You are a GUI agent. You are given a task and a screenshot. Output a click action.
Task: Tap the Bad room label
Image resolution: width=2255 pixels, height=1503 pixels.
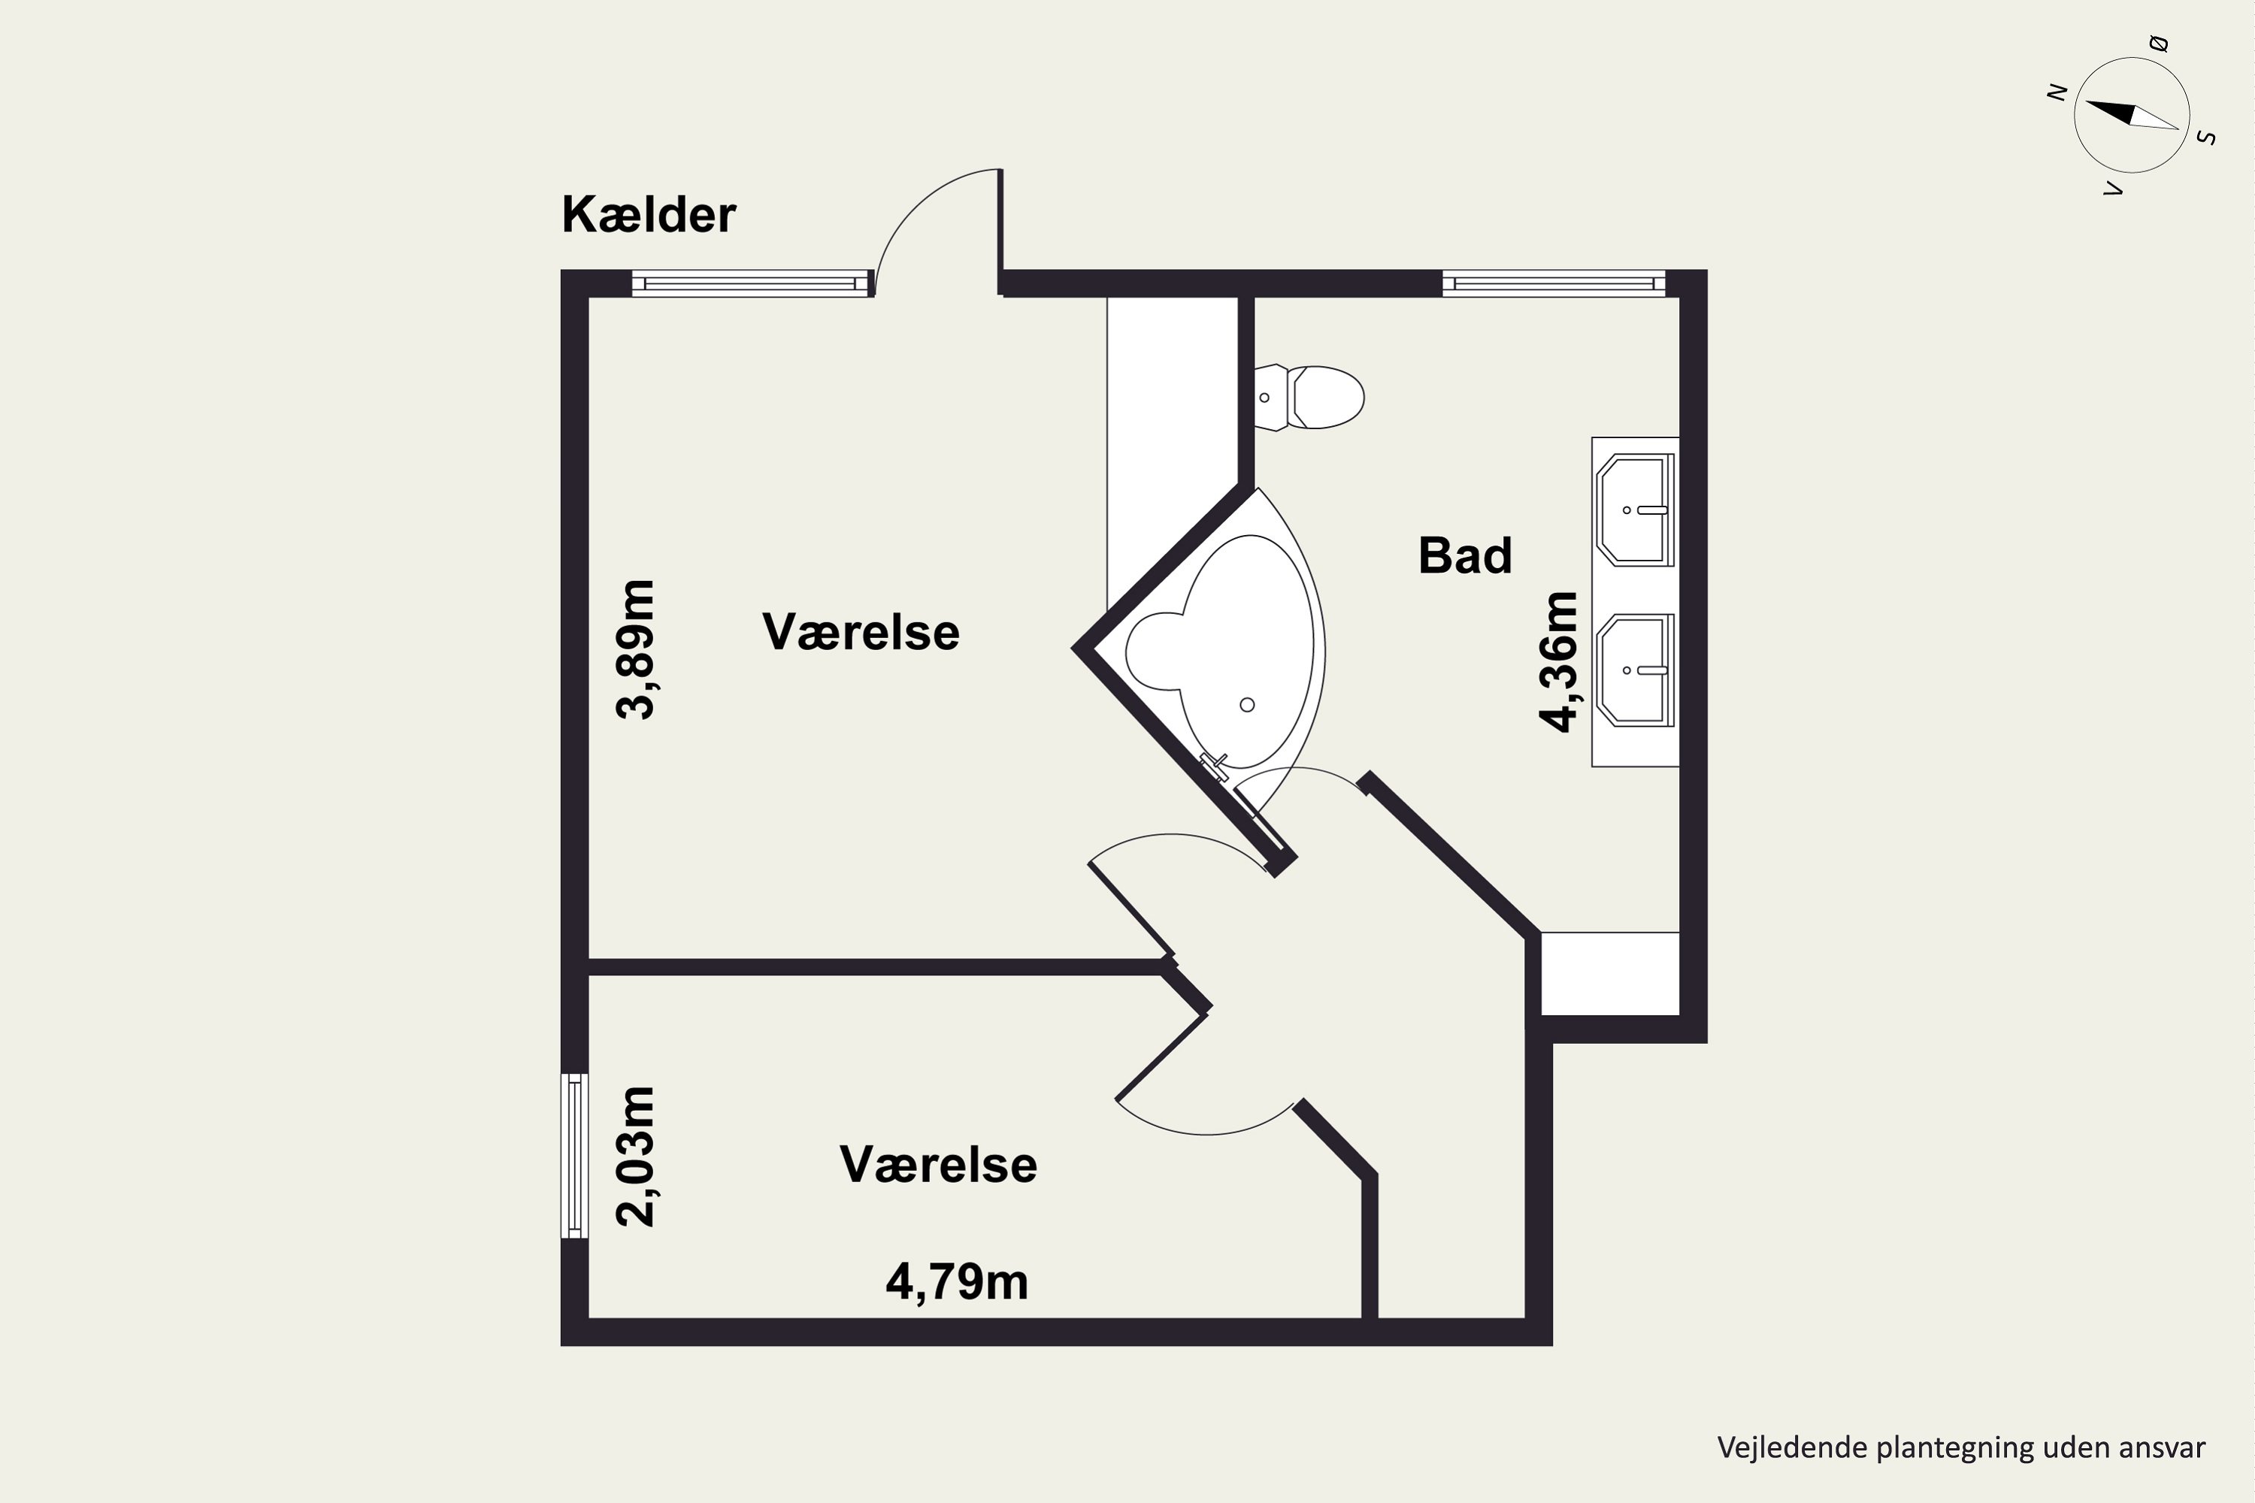click(1465, 556)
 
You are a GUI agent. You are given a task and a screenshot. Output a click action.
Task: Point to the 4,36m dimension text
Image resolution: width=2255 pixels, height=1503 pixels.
click(1558, 661)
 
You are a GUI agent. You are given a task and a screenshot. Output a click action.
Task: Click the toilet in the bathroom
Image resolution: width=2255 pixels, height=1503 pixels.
click(1309, 397)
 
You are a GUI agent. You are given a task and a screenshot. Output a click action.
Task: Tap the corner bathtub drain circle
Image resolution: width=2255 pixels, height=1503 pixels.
click(1247, 705)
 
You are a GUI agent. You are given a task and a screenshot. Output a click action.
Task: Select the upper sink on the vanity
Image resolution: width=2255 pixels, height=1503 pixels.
click(1636, 510)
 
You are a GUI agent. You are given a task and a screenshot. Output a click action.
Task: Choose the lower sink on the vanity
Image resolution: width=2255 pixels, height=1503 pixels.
click(1636, 670)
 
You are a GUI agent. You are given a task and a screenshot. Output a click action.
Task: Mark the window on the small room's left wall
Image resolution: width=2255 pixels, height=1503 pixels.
click(574, 1155)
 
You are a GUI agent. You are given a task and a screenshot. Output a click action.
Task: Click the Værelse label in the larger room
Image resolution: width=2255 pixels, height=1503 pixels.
click(861, 633)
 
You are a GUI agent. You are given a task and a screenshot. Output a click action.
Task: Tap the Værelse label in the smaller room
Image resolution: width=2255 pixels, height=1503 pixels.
click(939, 1165)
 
